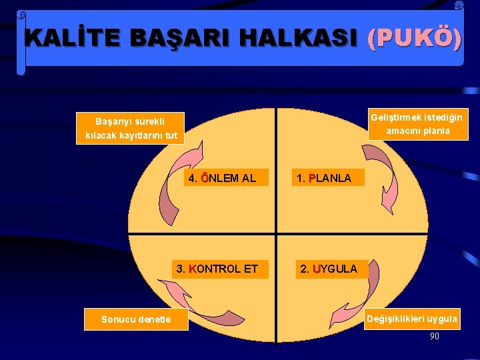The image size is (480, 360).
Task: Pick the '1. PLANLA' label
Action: coord(324,178)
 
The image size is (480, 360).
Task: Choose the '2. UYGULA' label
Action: coord(329,269)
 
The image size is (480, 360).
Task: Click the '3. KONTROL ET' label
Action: coord(217,269)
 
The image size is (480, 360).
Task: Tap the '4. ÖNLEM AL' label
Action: coord(223,178)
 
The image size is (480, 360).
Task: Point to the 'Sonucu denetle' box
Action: coord(136,319)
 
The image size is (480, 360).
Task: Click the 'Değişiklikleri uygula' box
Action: coord(412,319)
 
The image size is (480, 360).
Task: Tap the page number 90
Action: coord(434,336)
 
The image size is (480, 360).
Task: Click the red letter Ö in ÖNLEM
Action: coord(204,178)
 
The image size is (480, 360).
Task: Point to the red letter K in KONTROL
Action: coord(192,269)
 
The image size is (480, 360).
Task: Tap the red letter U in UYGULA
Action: coord(316,269)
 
